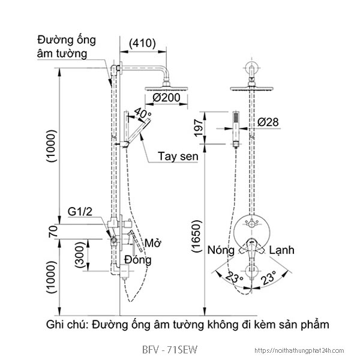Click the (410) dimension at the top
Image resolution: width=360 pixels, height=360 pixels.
(x=143, y=43)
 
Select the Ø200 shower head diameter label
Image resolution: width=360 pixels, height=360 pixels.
(x=166, y=97)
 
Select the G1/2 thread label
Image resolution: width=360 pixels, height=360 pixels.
(x=79, y=212)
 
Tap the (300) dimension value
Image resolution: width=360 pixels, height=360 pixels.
(x=80, y=255)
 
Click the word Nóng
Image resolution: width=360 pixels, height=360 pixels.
(x=220, y=249)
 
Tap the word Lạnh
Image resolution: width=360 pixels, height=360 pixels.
(x=281, y=249)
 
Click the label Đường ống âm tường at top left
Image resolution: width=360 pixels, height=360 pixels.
(x=63, y=47)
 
